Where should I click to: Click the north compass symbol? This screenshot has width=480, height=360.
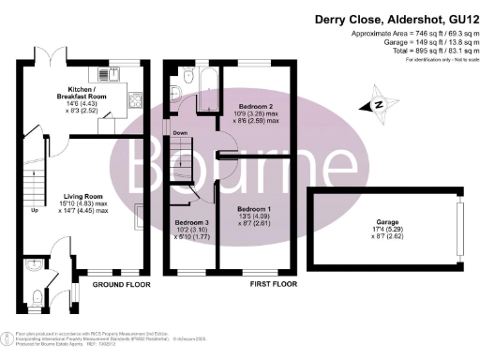[x=379, y=104]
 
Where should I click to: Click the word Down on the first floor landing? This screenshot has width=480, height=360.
[x=181, y=134]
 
